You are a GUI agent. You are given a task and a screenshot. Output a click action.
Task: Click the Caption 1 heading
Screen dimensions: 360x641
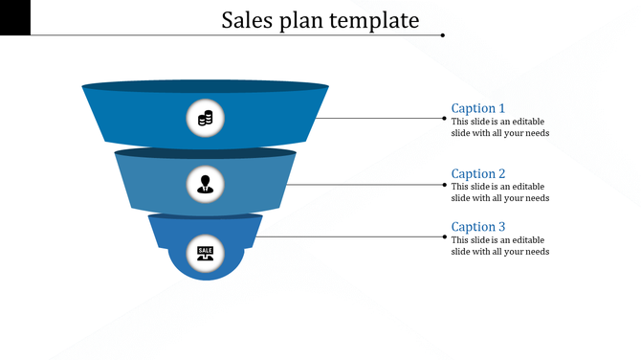point(477,108)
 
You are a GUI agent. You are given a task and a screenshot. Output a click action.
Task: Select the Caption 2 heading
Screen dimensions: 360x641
point(477,173)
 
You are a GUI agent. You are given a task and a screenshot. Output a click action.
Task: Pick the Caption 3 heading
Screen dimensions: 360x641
point(477,227)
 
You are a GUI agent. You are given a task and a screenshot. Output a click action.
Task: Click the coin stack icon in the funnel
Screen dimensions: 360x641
point(205,119)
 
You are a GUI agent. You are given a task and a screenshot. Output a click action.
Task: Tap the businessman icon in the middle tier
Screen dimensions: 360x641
point(205,183)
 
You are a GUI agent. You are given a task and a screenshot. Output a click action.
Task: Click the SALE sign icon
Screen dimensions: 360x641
point(205,252)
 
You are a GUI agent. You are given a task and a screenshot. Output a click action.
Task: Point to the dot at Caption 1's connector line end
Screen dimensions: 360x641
point(443,119)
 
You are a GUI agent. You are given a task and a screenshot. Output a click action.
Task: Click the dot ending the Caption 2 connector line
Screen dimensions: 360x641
point(443,184)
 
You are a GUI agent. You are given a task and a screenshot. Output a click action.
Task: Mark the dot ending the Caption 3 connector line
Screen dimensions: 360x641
point(443,236)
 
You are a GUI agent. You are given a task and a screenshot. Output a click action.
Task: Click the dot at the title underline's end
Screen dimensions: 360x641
point(443,35)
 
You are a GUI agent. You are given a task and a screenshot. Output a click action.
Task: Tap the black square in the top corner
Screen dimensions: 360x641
point(14,16)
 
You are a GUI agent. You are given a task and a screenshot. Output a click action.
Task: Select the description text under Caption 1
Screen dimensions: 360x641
point(499,127)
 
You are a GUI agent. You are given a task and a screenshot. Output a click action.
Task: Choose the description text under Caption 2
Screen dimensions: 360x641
point(499,192)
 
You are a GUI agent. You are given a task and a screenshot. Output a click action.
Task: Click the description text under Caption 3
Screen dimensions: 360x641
point(499,245)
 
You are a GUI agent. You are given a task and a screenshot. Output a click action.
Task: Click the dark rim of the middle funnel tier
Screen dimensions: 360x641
point(205,152)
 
